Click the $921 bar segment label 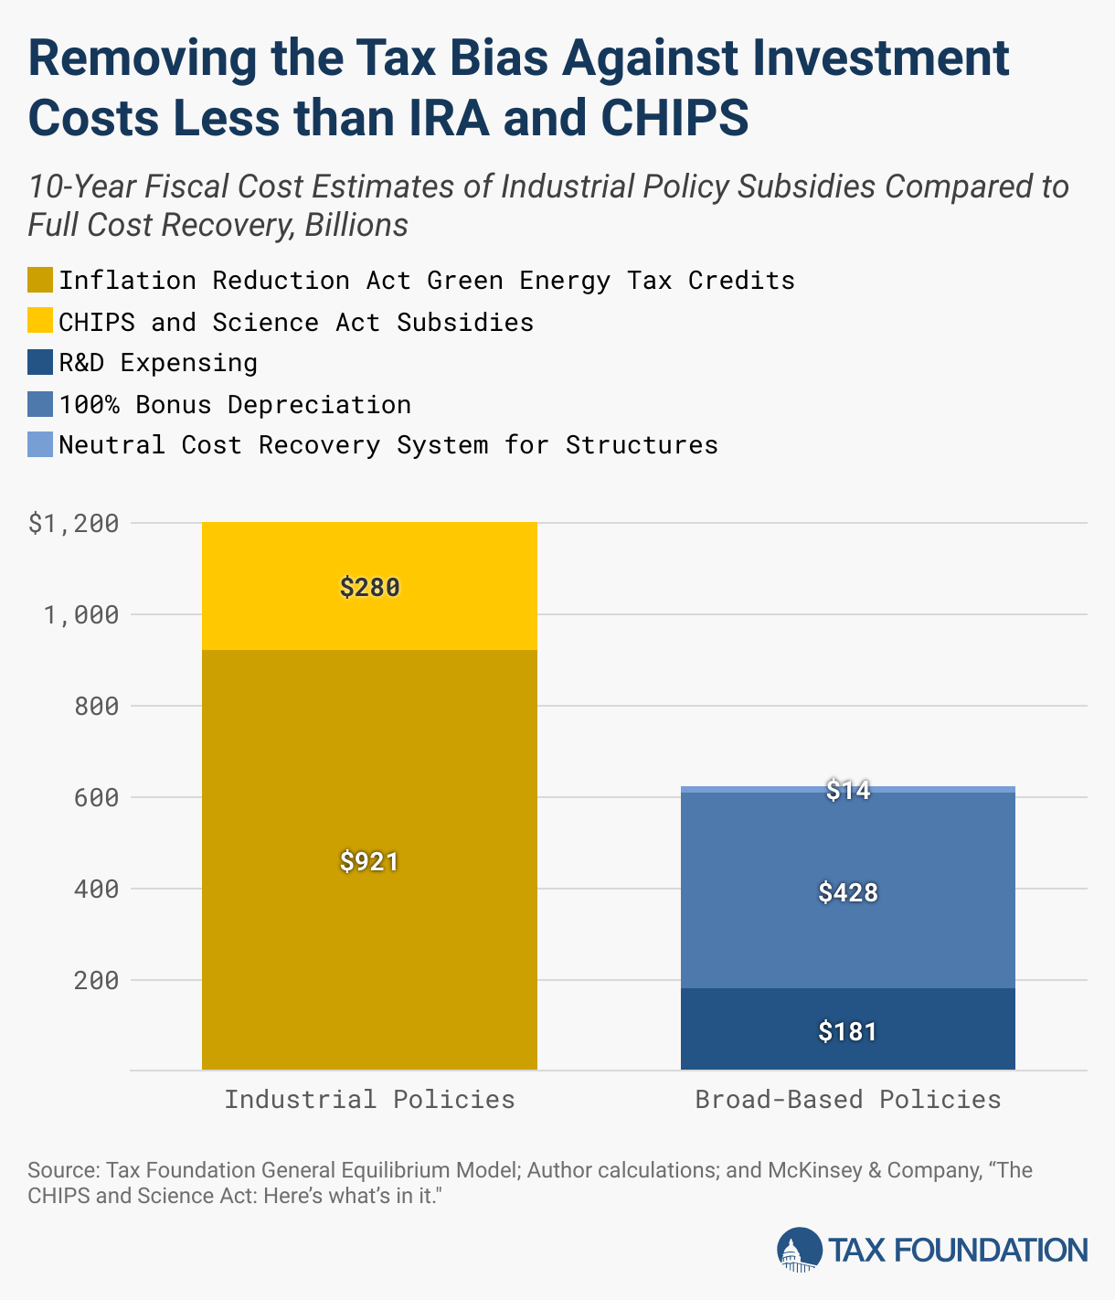click(x=369, y=861)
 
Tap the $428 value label click(x=848, y=892)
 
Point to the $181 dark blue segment click(x=848, y=1031)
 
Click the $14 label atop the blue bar click(x=848, y=790)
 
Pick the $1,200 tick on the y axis click(x=74, y=524)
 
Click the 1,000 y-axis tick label click(x=81, y=615)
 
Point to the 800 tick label click(x=96, y=707)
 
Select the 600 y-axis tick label click(x=96, y=798)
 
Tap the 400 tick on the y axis click(x=96, y=890)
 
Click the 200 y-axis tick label click(x=96, y=981)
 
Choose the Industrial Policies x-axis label click(x=369, y=1099)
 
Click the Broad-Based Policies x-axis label click(x=848, y=1099)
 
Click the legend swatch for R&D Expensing click(x=40, y=363)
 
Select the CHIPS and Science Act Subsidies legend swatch click(x=40, y=322)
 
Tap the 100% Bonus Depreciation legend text click(x=235, y=404)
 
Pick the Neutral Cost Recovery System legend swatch click(x=40, y=445)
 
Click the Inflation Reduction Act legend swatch click(x=40, y=280)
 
